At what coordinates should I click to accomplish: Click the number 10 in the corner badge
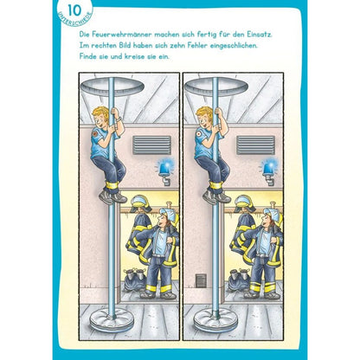pyautogui.click(x=74, y=10)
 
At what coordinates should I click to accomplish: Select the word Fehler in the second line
pyautogui.click(x=206, y=45)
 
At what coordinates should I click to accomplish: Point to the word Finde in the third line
pyautogui.click(x=89, y=56)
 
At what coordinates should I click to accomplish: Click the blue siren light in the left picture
pyautogui.click(x=164, y=168)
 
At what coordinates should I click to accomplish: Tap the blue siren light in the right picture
pyautogui.click(x=268, y=168)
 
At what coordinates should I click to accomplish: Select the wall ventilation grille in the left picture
pyautogui.click(x=151, y=145)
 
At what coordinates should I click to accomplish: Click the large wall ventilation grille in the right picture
pyautogui.click(x=255, y=145)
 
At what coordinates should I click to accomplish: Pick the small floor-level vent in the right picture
pyautogui.click(x=202, y=280)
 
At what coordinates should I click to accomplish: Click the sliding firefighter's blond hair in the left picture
pyautogui.click(x=100, y=113)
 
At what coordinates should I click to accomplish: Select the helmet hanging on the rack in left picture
pyautogui.click(x=141, y=203)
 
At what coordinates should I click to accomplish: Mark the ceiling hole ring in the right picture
pyautogui.click(x=216, y=86)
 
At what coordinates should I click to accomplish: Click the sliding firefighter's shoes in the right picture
pyautogui.click(x=216, y=196)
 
